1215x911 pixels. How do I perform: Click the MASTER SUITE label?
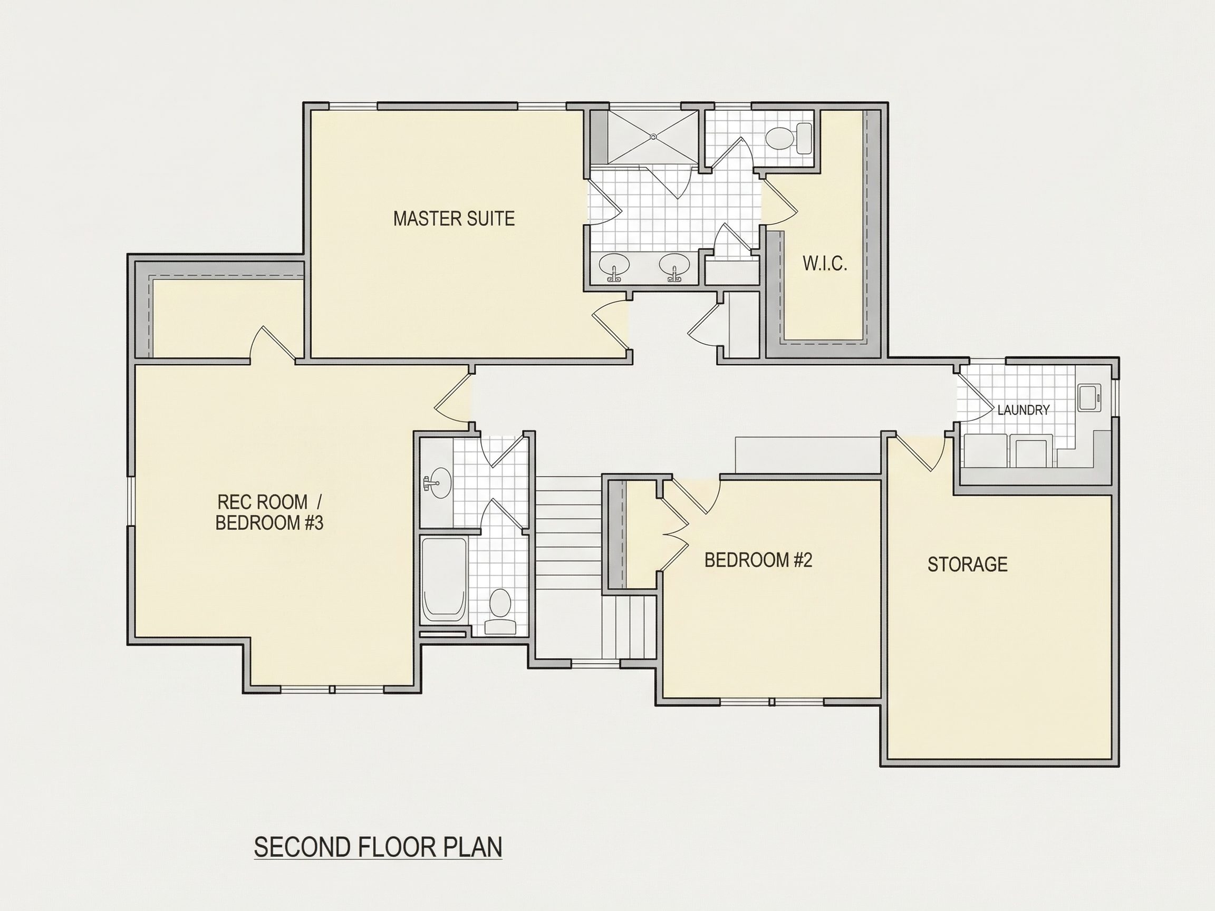454,219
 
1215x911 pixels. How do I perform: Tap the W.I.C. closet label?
824,264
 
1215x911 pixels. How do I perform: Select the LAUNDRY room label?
1023,410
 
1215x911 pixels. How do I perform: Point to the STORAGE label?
967,565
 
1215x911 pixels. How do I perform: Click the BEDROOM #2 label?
758,560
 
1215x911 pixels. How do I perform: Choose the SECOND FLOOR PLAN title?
378,847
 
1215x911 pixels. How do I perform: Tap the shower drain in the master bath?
653,136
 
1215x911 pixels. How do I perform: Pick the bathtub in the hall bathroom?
444,580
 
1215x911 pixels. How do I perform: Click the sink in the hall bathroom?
437,483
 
